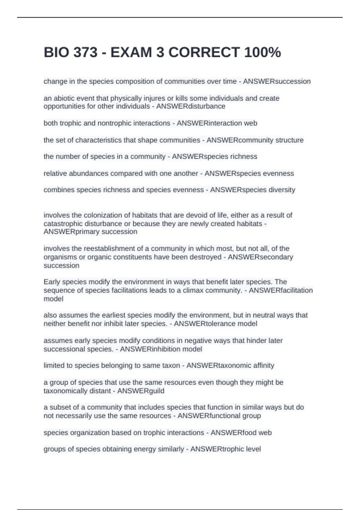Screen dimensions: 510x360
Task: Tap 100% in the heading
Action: pos(262,52)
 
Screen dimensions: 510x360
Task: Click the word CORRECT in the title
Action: pos(204,52)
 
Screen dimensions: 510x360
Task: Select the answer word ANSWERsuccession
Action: pos(277,82)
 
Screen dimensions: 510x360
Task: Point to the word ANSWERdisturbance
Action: pos(190,106)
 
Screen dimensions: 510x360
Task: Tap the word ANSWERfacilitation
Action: pos(280,290)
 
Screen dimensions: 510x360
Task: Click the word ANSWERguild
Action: pos(140,391)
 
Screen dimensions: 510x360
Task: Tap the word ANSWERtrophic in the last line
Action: pos(215,449)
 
